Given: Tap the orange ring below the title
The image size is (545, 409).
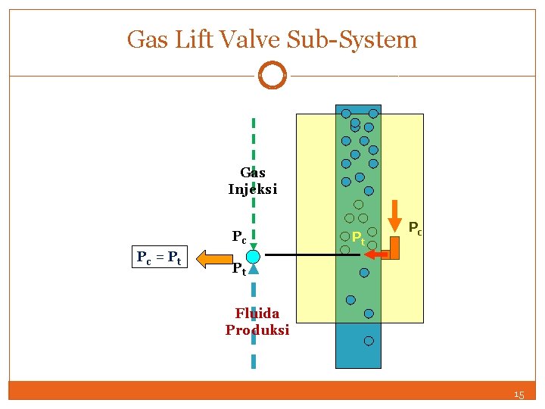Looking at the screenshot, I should (x=272, y=76).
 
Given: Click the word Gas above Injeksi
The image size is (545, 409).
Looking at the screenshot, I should (x=253, y=173).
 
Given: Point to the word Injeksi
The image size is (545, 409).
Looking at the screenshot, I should (x=253, y=189).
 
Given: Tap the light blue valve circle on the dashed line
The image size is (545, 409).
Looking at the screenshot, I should (x=254, y=257).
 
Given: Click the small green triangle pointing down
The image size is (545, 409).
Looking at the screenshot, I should (x=254, y=245).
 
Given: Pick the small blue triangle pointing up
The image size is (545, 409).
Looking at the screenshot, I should (x=254, y=269).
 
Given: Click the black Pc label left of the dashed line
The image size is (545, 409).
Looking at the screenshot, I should (x=238, y=237).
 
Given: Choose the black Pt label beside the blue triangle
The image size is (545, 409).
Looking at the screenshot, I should (x=238, y=268).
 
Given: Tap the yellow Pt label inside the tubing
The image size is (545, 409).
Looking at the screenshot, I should (x=358, y=239).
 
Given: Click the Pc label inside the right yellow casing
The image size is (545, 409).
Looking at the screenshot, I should (x=416, y=226).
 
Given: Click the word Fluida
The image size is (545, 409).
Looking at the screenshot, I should (x=257, y=313).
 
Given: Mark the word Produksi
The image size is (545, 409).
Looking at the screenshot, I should (x=257, y=330).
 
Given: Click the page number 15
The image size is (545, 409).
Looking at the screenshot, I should (x=519, y=395).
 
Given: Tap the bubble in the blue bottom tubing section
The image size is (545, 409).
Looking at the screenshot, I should (x=369, y=341).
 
